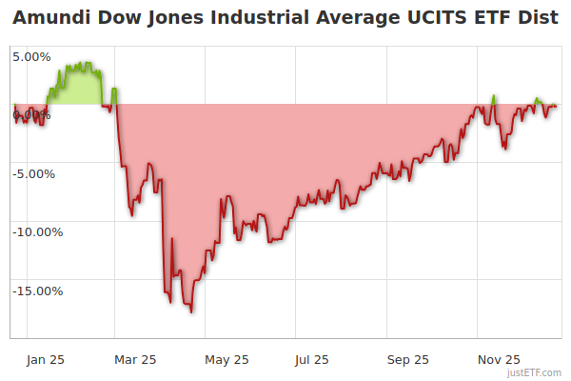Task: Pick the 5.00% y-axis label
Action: (x=31, y=56)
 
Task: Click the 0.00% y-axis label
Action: (x=31, y=115)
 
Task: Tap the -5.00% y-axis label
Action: (x=34, y=174)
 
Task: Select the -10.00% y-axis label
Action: (x=37, y=232)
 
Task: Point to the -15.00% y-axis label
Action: (x=37, y=291)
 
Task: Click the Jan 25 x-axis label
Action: (x=45, y=359)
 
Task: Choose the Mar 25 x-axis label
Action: (x=135, y=359)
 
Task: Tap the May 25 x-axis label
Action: (x=226, y=359)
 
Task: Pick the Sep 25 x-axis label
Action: (x=408, y=359)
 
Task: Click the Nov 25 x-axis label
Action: (x=499, y=359)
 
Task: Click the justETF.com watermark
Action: (x=536, y=372)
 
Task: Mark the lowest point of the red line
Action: (x=191, y=311)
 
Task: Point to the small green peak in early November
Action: (x=494, y=96)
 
